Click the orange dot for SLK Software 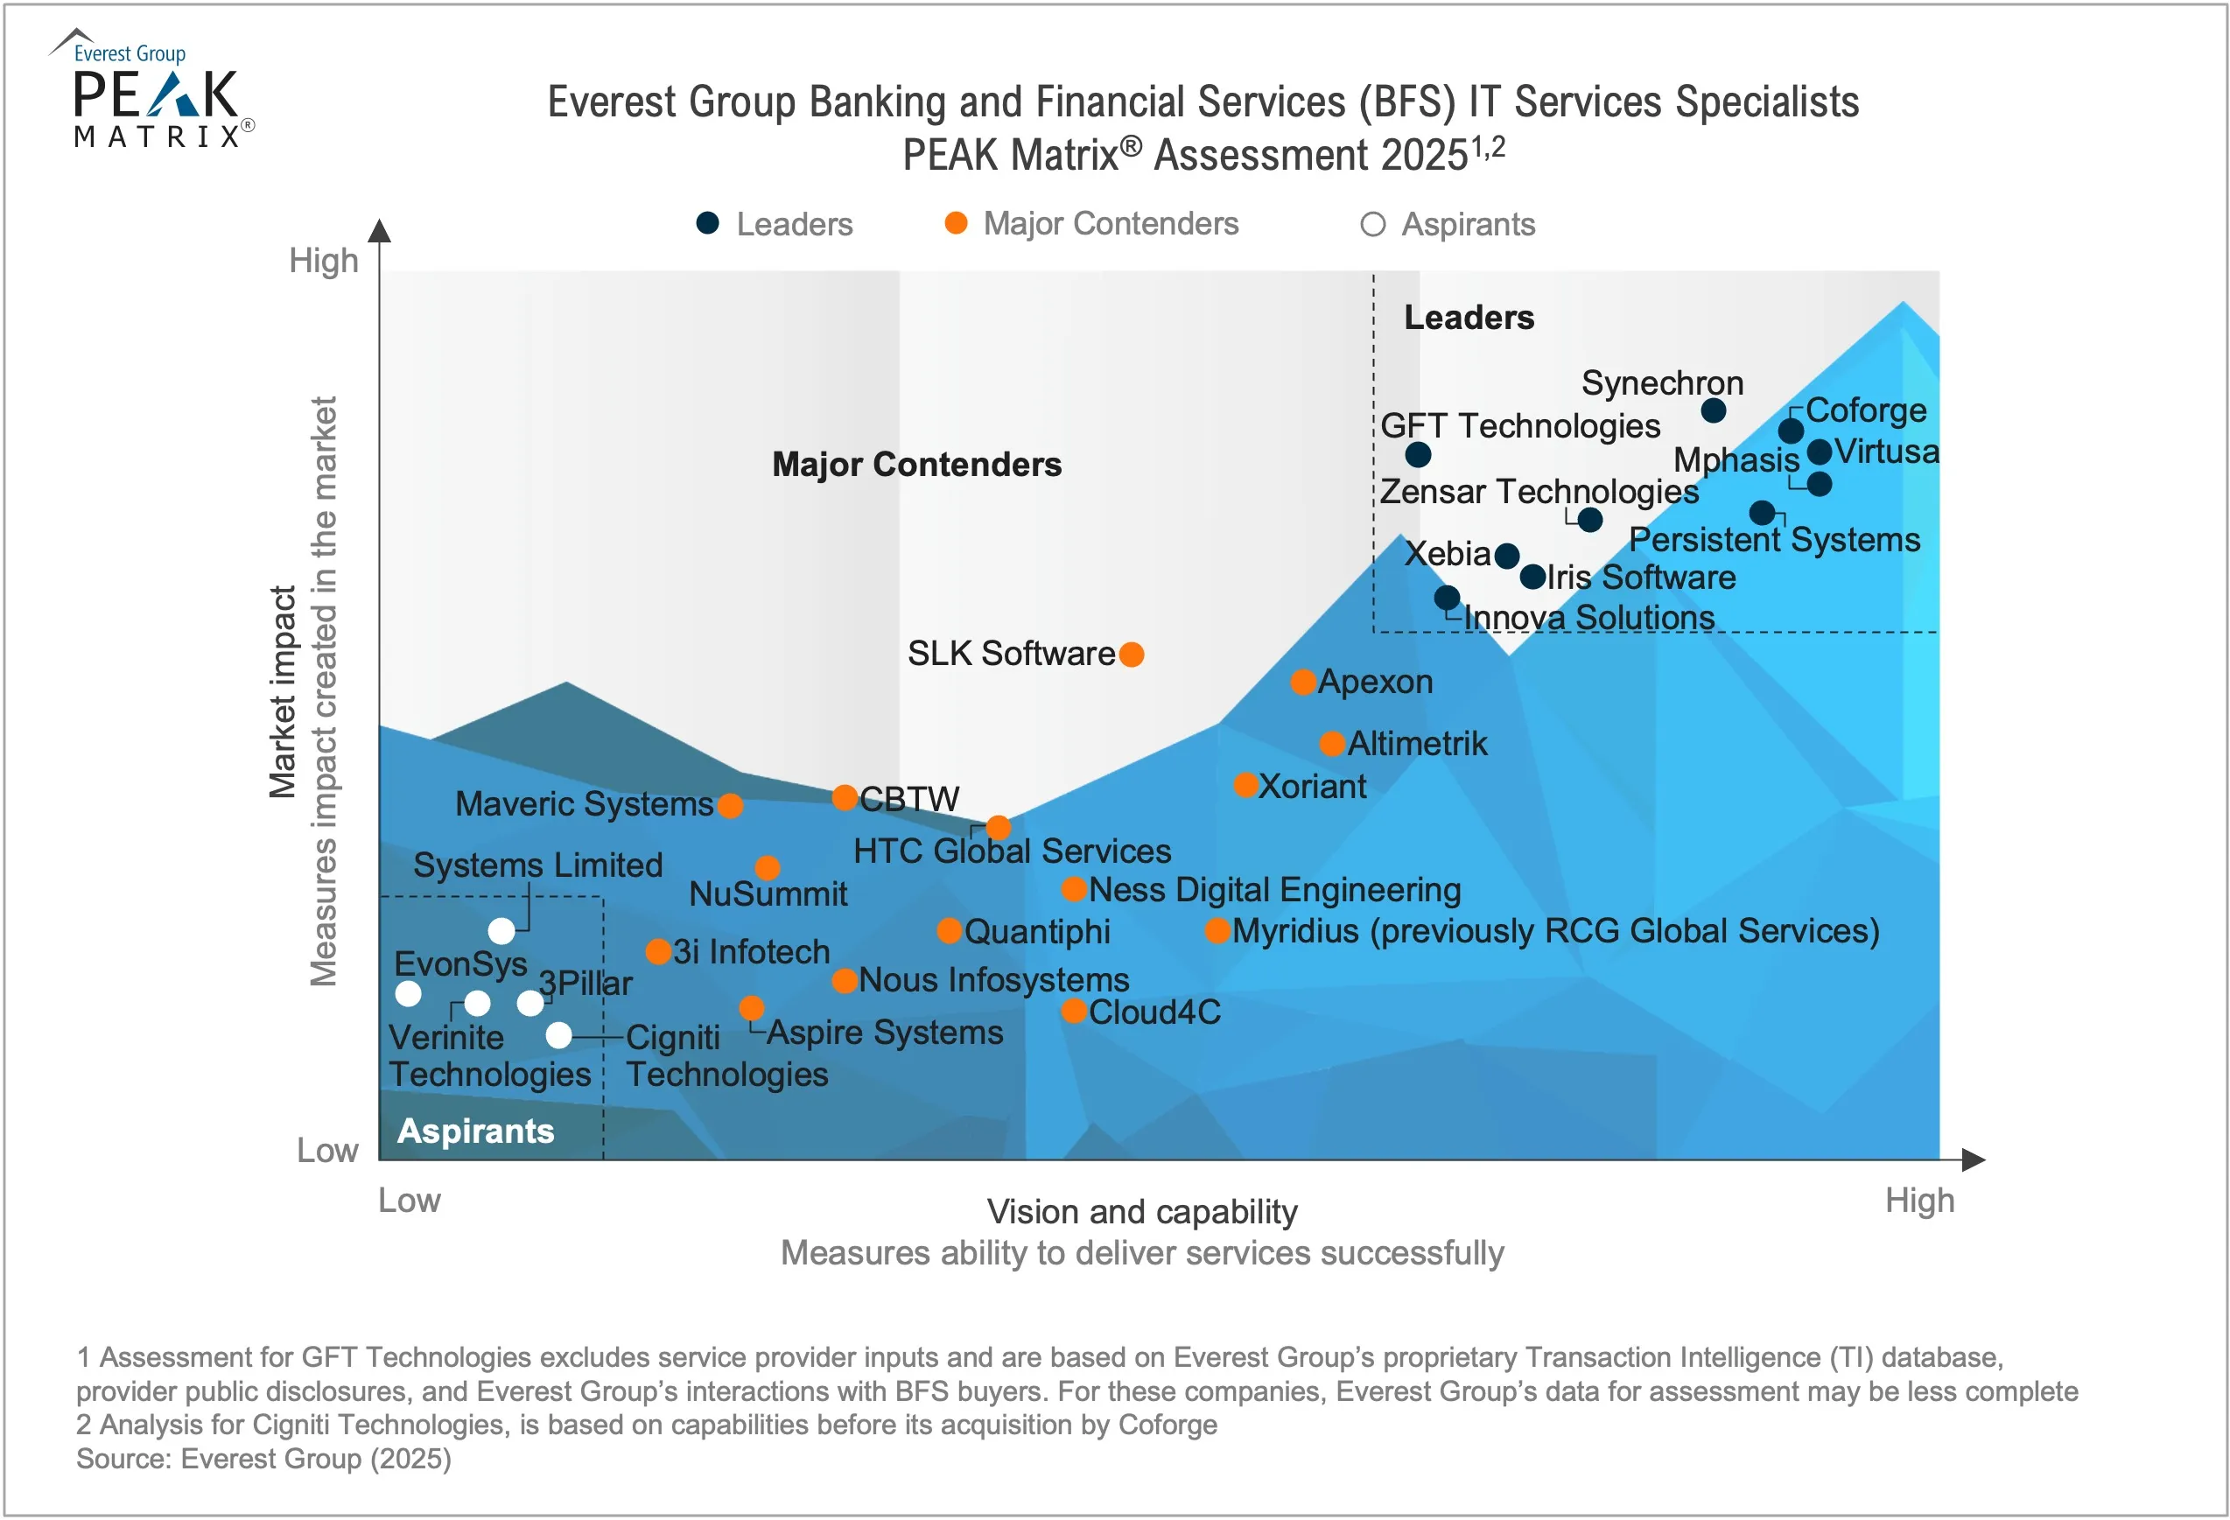pyautogui.click(x=1132, y=655)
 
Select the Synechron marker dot pyautogui.click(x=1713, y=410)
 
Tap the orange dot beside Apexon pyautogui.click(x=1302, y=683)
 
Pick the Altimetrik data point pyautogui.click(x=1331, y=744)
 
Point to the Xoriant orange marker pyautogui.click(x=1245, y=785)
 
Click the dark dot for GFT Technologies pyautogui.click(x=1417, y=454)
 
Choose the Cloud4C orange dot pyautogui.click(x=1073, y=1011)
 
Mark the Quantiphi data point pyautogui.click(x=948, y=930)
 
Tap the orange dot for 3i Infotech pyautogui.click(x=657, y=952)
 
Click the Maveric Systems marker pyautogui.click(x=729, y=805)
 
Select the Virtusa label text pyautogui.click(x=1885, y=451)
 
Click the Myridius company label pyautogui.click(x=1554, y=931)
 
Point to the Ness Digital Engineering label pyautogui.click(x=1274, y=890)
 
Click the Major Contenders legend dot pyautogui.click(x=955, y=224)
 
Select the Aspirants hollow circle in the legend pyautogui.click(x=1372, y=225)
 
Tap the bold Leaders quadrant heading pyautogui.click(x=1468, y=318)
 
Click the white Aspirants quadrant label pyautogui.click(x=475, y=1131)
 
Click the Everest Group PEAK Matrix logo pyautogui.click(x=153, y=91)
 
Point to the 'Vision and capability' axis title pyautogui.click(x=1142, y=1211)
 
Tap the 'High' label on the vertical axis pyautogui.click(x=323, y=261)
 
